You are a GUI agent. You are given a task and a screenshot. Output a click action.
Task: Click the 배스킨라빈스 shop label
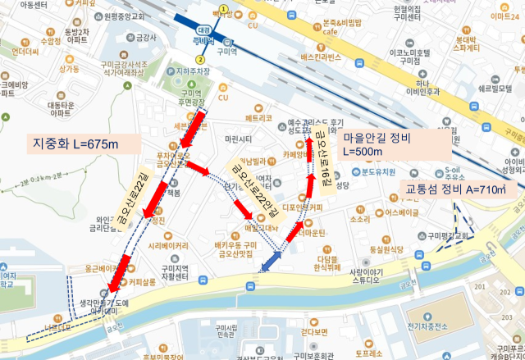point(321,57)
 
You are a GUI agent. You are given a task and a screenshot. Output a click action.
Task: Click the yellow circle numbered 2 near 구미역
point(199,59)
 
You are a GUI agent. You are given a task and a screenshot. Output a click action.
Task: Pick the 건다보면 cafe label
point(315,332)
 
